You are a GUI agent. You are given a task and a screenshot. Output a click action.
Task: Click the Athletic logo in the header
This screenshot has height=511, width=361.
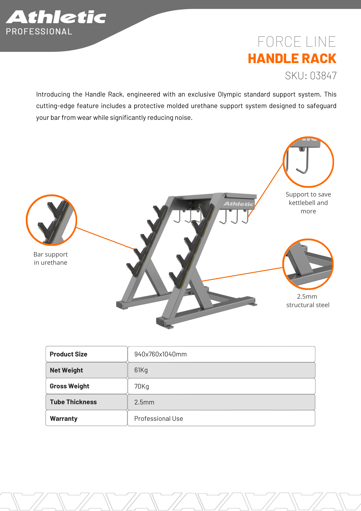[56, 17]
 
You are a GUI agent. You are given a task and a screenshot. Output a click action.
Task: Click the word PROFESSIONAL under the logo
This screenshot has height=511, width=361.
[39, 32]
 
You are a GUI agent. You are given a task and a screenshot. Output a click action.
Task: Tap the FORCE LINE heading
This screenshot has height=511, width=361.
[296, 42]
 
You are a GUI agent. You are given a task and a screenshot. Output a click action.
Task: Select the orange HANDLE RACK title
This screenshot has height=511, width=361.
[292, 59]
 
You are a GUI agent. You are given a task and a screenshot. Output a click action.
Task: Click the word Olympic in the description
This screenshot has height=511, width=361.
[229, 95]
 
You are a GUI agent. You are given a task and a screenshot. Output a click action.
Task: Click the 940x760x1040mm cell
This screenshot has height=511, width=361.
[221, 354]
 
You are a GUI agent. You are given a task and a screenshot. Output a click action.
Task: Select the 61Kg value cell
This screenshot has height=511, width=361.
[221, 370]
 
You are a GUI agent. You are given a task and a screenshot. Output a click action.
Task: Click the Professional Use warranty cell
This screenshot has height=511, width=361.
[221, 418]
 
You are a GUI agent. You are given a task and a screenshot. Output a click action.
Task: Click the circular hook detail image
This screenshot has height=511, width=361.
[308, 162]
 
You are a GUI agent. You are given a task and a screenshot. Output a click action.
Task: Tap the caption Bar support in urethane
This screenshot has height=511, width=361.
[51, 258]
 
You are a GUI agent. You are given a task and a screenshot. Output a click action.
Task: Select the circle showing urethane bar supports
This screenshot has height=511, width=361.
[51, 220]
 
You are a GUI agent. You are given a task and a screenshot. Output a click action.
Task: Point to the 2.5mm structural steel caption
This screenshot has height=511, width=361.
[308, 301]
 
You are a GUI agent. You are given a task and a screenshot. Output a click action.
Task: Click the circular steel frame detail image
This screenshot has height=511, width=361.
[308, 264]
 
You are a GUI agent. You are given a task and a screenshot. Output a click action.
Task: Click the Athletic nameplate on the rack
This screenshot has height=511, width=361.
[238, 204]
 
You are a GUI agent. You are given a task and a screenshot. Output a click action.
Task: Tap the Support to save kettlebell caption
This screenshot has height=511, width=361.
[308, 203]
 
